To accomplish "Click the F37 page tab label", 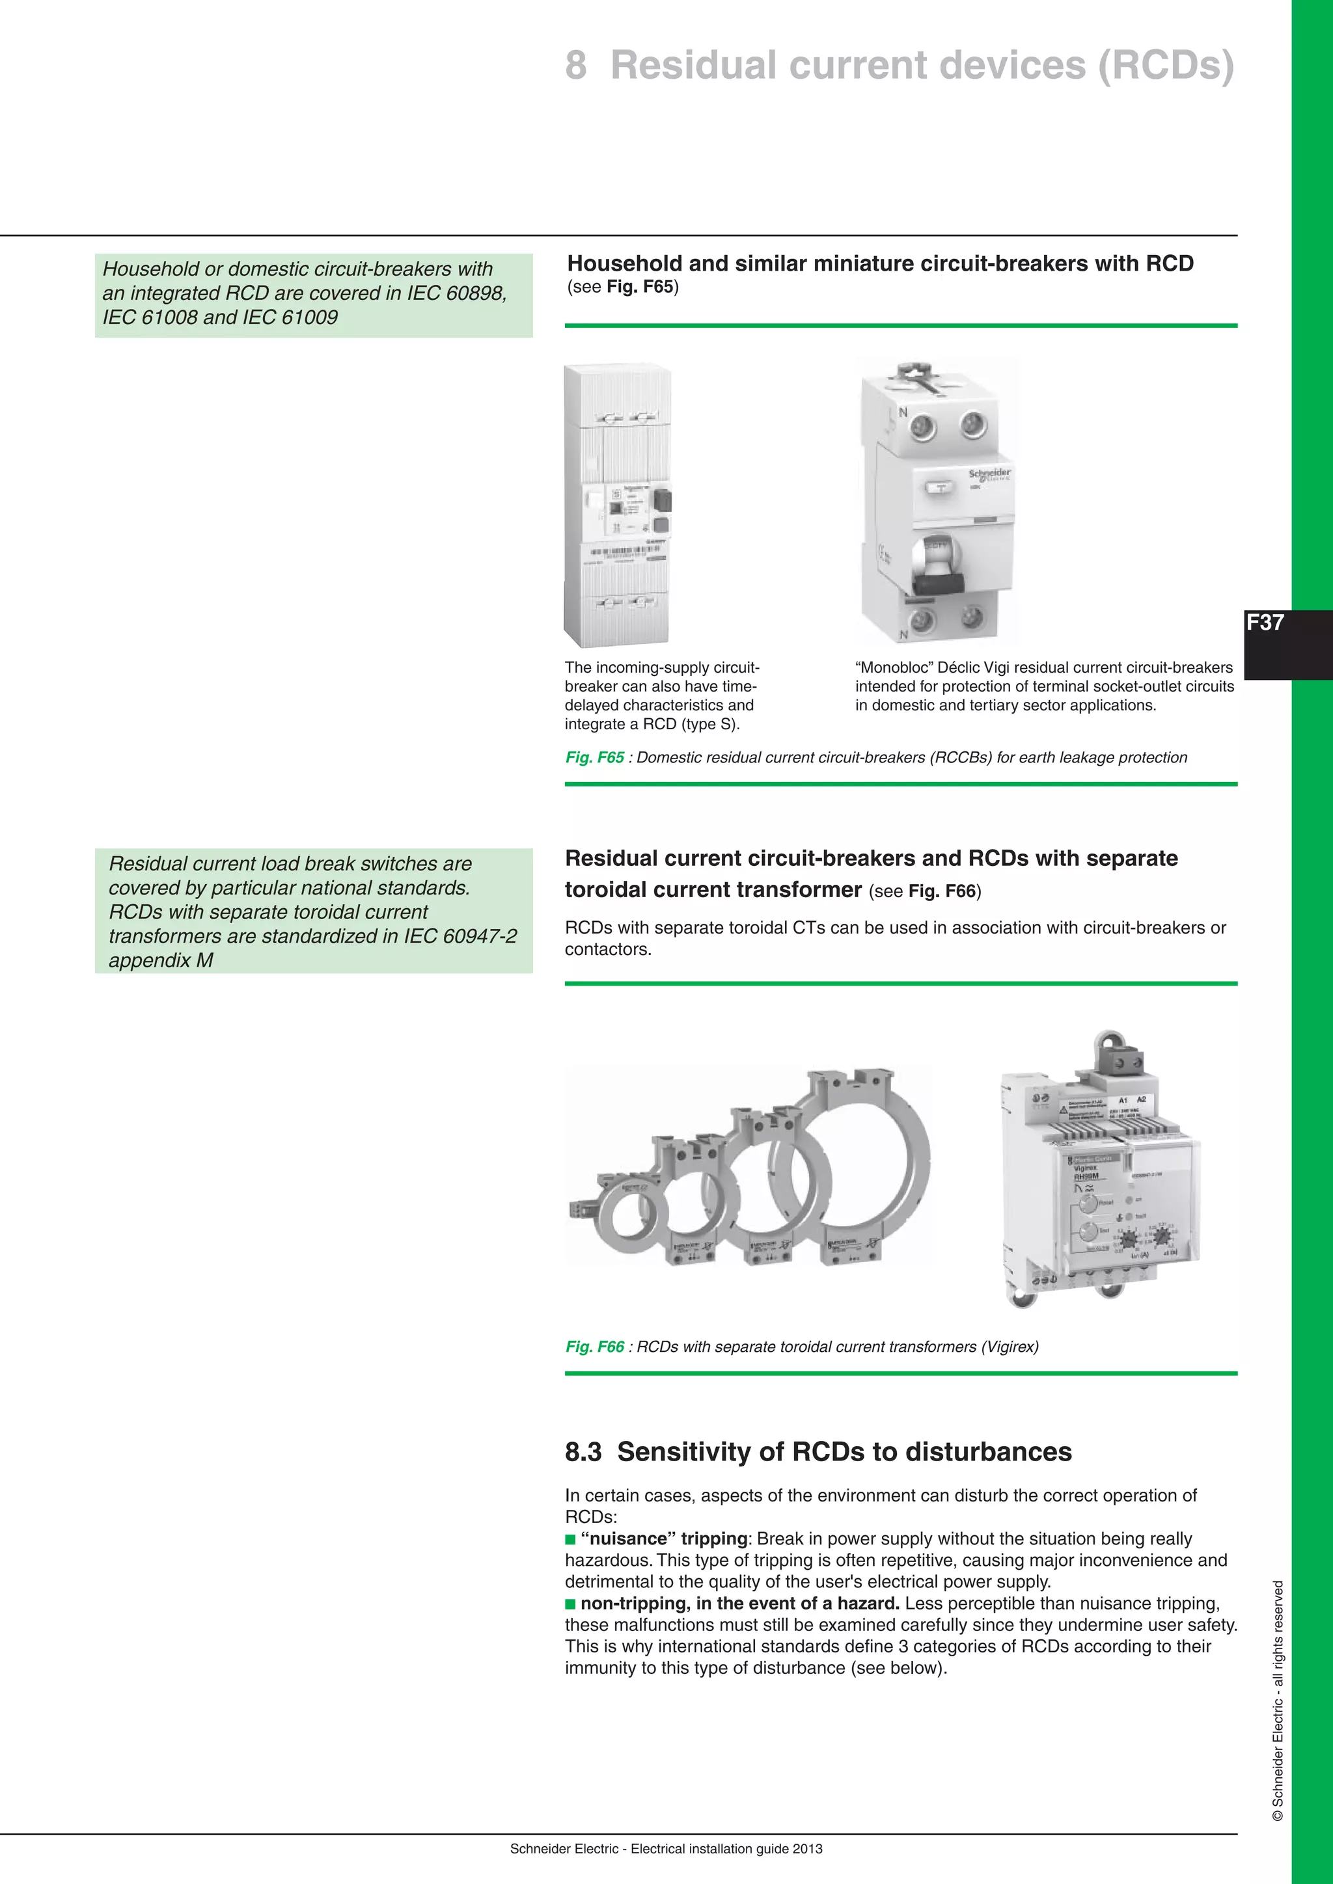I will tap(1265, 623).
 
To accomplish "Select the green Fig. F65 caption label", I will tap(594, 757).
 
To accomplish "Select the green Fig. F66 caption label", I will tap(594, 1347).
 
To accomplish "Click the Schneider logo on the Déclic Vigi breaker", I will tap(989, 475).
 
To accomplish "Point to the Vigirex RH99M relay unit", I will tap(1100, 1181).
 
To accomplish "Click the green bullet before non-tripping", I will tap(570, 1604).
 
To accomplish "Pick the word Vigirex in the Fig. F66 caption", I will tap(1007, 1347).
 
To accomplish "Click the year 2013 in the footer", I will tap(808, 1849).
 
